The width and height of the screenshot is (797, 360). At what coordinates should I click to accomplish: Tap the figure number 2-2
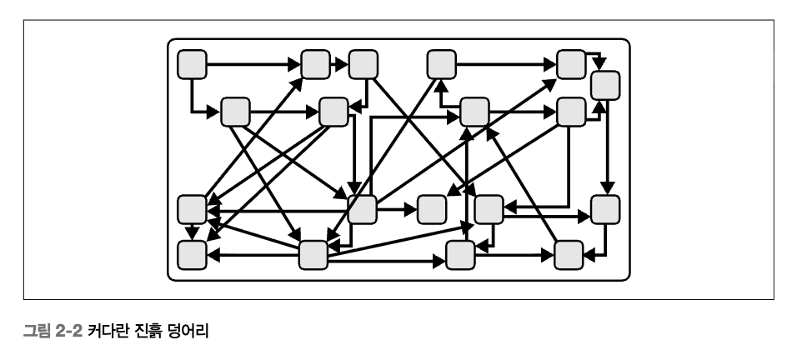coord(67,332)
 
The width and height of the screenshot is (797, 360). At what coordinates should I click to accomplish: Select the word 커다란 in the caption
coord(107,332)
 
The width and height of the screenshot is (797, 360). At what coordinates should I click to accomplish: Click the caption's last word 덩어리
coord(188,332)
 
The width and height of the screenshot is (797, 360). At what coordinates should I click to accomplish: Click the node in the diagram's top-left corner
coord(193,63)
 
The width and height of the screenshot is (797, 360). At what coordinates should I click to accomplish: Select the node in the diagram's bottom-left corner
coord(193,255)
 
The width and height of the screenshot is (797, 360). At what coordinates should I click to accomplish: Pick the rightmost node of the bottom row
coord(569,255)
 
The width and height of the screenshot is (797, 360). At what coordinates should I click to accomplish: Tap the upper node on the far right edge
coord(606,85)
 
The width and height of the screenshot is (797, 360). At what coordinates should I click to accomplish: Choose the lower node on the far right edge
coord(606,209)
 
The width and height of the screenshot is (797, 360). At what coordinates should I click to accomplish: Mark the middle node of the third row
coord(432,209)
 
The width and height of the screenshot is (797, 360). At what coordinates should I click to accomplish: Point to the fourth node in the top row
coord(441,63)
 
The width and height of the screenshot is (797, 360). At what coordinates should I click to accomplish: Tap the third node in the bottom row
coord(460,255)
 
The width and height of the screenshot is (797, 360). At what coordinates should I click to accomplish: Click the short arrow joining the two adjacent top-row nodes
coord(339,63)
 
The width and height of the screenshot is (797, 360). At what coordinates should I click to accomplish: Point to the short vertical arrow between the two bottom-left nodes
coord(193,232)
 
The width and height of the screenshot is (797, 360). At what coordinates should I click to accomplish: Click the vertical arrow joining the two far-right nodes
coord(606,147)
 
